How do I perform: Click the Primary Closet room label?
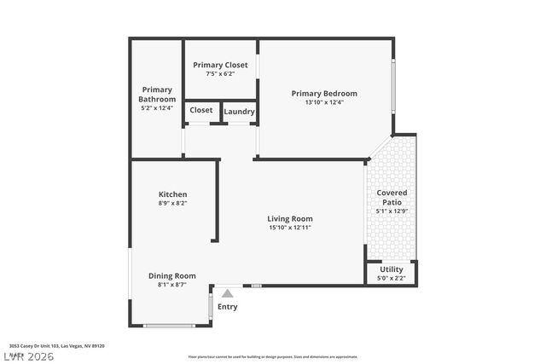[x=220, y=65]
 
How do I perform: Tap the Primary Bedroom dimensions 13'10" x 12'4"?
[x=323, y=102]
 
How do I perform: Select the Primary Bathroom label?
[x=157, y=94]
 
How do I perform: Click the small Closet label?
[x=201, y=110]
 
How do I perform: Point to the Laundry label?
[x=239, y=111]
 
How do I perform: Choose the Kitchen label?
[x=172, y=194]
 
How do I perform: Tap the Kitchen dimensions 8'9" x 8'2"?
[x=172, y=204]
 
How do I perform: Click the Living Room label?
[x=290, y=218]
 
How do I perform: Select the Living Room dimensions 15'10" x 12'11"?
[x=290, y=228]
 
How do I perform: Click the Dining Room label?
[x=172, y=275]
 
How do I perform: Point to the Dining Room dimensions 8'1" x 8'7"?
[x=172, y=285]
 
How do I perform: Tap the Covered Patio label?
[x=392, y=197]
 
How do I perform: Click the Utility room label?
[x=392, y=269]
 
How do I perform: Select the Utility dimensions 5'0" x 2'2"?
[x=392, y=278]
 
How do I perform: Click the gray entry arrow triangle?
[x=227, y=292]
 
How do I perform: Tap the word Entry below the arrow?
[x=228, y=307]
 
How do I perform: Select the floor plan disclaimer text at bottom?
[x=272, y=356]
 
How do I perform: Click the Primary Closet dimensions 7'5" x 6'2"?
[x=220, y=74]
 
